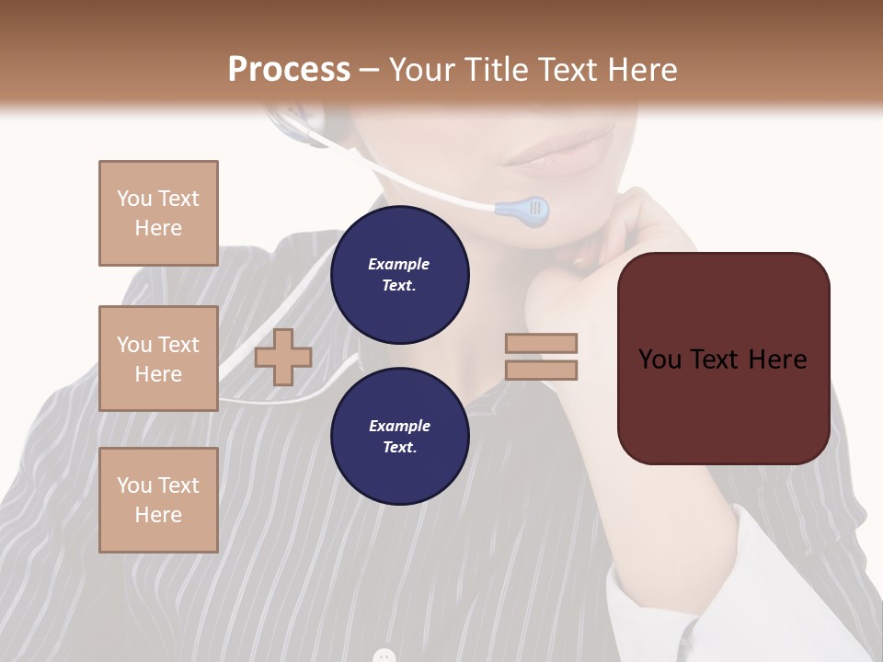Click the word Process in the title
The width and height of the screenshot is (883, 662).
coord(289,70)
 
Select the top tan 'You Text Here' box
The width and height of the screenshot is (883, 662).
coord(158,213)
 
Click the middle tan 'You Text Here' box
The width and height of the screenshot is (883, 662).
coord(158,359)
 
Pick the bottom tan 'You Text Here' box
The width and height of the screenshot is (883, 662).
coord(158,500)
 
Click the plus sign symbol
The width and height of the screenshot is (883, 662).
coord(283,357)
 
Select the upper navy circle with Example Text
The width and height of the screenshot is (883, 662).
coord(399,274)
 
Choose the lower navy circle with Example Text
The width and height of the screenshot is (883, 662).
coord(399,436)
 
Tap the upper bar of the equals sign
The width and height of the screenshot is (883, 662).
coord(541,344)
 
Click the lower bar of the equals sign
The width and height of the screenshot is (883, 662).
coord(541,371)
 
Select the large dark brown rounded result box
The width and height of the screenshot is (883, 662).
coord(723,359)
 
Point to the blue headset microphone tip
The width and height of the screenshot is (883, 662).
coord(523,211)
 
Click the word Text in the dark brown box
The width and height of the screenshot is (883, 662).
coord(722,360)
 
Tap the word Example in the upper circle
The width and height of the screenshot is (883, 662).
coord(399,264)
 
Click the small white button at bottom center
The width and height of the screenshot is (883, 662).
coord(384,656)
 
